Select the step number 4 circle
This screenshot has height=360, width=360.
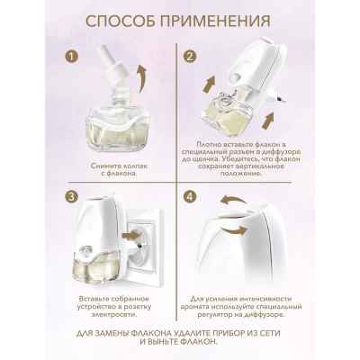[191, 195]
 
